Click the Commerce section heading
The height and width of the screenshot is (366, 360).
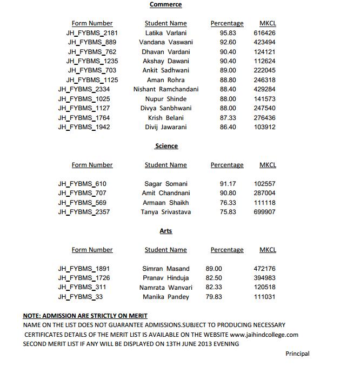165,5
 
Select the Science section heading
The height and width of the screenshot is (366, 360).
166,146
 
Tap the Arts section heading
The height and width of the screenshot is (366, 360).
166,231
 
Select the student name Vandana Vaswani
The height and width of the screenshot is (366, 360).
165,42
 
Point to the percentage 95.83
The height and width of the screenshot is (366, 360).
228,33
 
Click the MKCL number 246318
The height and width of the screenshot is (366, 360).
264,80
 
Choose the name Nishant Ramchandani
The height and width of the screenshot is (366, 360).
166,89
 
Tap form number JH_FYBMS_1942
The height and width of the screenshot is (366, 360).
84,127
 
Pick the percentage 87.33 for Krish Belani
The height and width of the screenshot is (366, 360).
228,118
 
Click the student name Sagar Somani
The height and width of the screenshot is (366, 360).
165,184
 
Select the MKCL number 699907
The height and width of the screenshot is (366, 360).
264,212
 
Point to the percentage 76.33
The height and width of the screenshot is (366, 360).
228,203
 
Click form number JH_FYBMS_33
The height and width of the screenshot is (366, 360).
80,297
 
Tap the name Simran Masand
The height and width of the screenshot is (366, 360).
165,269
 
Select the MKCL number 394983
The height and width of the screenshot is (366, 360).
264,278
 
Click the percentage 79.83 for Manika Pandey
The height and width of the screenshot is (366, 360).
214,297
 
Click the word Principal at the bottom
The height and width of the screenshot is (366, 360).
297,354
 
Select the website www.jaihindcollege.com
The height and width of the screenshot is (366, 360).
264,335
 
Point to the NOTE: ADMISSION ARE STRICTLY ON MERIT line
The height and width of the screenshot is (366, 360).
85,316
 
